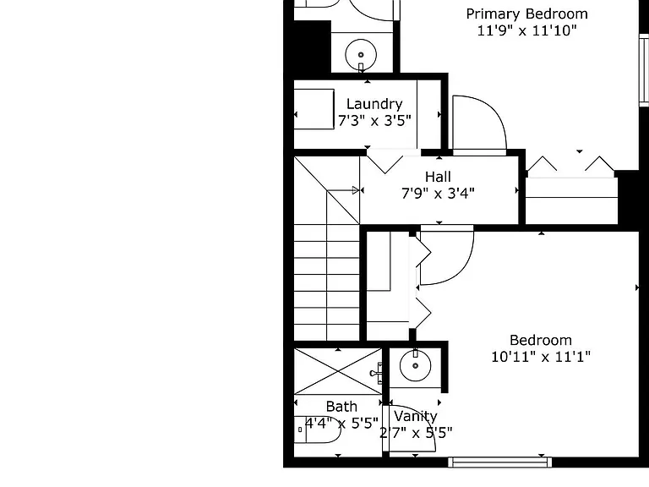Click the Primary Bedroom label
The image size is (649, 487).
pyautogui.click(x=527, y=14)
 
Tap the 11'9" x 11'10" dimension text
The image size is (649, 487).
pyautogui.click(x=527, y=30)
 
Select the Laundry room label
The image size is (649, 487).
pyautogui.click(x=374, y=104)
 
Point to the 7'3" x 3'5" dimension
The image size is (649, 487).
pyautogui.click(x=374, y=121)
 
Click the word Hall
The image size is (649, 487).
pyautogui.click(x=438, y=177)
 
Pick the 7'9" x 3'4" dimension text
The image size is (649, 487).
pyautogui.click(x=438, y=194)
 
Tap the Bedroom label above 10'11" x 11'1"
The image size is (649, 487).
pyautogui.click(x=541, y=340)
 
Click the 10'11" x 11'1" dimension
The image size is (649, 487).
pyautogui.click(x=541, y=357)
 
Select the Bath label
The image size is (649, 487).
pyautogui.click(x=341, y=407)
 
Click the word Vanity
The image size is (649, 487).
pyautogui.click(x=416, y=416)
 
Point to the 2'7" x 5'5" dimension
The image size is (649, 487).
pyautogui.click(x=416, y=433)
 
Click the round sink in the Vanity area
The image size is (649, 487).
pyautogui.click(x=415, y=365)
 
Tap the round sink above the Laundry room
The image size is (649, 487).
pyautogui.click(x=361, y=55)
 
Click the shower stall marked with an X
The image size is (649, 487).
pyautogui.click(x=338, y=371)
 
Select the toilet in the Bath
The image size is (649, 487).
pyautogui.click(x=317, y=430)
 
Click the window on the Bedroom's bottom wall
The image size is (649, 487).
pyautogui.click(x=500, y=462)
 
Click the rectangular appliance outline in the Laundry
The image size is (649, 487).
pyautogui.click(x=314, y=109)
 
